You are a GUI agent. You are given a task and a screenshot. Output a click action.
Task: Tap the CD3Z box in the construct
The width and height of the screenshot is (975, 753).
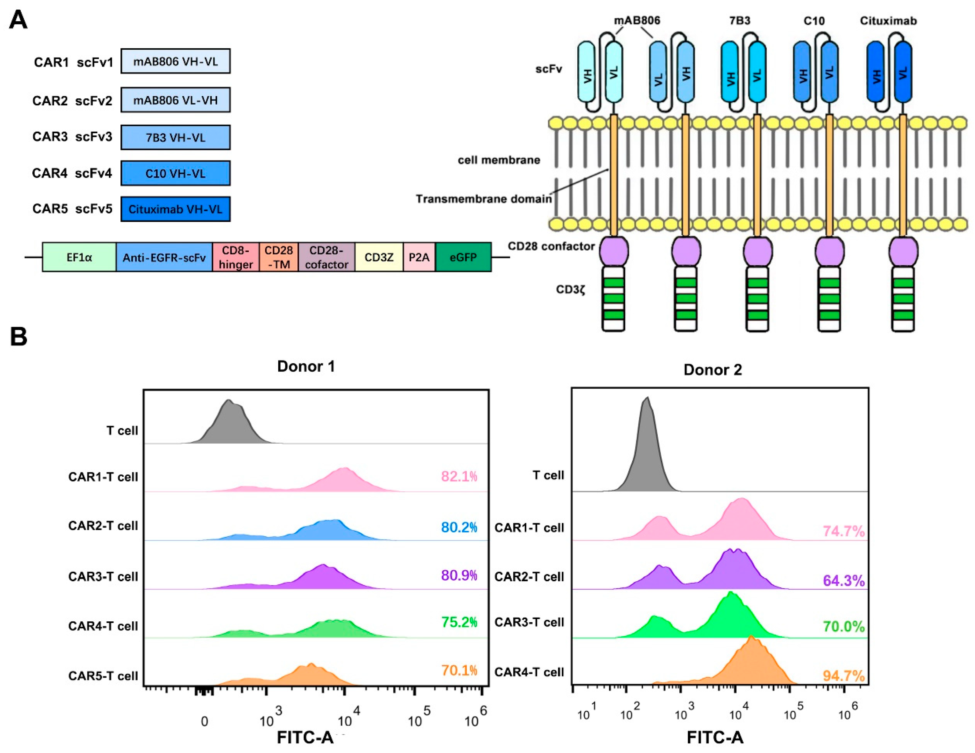379,257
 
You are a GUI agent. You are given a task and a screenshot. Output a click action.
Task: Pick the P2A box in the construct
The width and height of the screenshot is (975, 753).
419,257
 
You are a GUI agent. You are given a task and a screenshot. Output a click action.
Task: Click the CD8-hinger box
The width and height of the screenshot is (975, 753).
235,257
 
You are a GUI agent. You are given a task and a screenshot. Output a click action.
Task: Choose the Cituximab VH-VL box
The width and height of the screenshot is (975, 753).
175,209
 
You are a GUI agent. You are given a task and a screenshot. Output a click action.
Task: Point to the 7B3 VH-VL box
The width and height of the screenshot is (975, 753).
175,137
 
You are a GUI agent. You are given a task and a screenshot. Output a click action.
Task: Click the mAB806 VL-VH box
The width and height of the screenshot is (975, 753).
175,100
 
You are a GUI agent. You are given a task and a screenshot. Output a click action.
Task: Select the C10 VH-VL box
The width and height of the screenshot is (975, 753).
175,174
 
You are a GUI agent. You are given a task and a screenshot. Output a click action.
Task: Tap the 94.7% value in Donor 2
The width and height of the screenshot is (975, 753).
843,676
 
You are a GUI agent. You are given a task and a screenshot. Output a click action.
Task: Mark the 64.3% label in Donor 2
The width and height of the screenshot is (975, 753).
843,580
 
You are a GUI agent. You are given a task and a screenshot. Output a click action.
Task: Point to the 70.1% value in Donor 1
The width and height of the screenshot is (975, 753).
459,670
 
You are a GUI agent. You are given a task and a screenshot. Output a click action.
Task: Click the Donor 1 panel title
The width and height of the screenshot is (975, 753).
306,366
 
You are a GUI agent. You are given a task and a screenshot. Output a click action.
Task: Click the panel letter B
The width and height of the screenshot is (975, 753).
18,337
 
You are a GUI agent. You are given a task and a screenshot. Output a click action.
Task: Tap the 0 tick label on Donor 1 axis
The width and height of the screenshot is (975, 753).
204,721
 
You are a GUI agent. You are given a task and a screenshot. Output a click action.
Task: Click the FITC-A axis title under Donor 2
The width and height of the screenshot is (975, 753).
715,737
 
